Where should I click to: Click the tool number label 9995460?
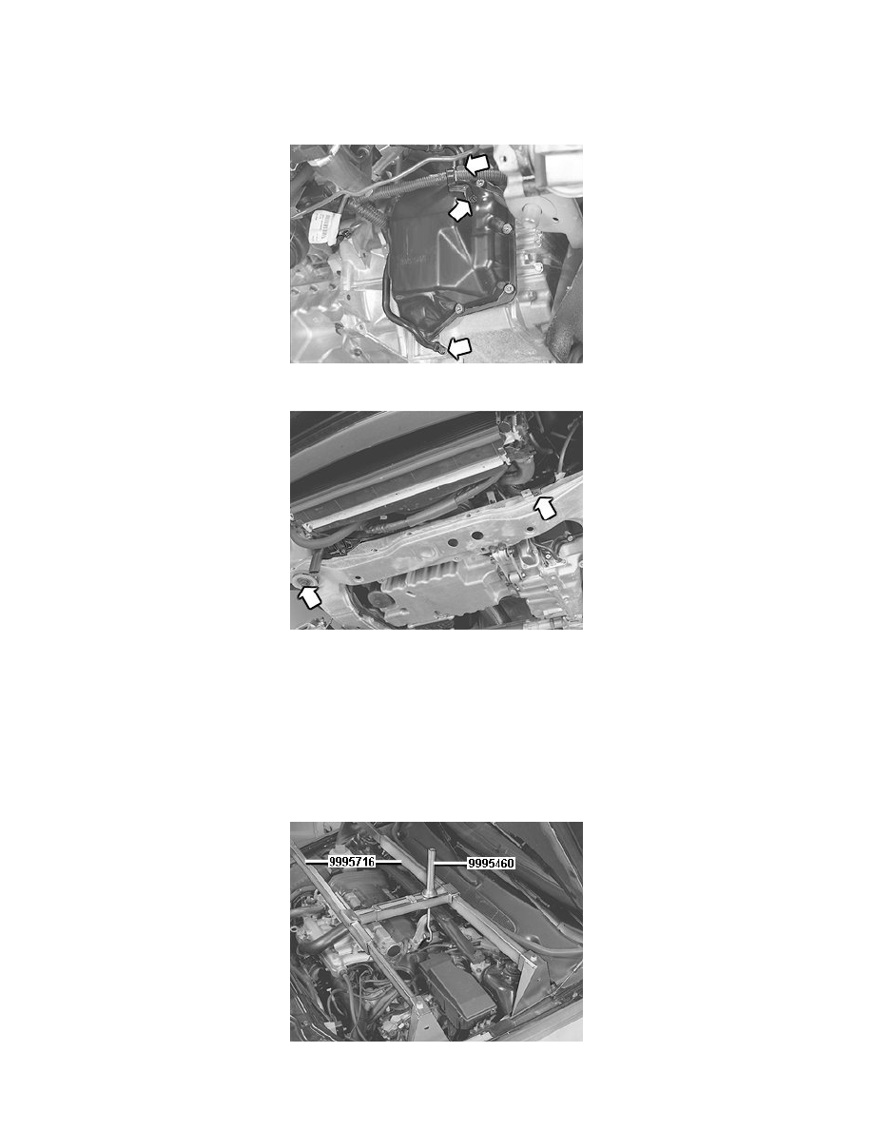click(x=491, y=864)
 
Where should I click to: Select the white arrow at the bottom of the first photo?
click(x=457, y=350)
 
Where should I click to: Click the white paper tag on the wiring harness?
click(x=324, y=225)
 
